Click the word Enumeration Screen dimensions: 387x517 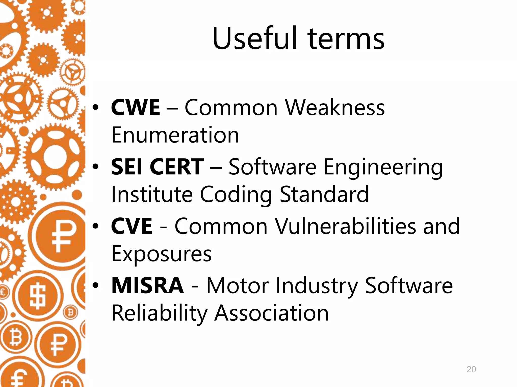click(175, 135)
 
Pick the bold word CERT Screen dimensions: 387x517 click(177, 167)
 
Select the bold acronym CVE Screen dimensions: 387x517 click(132, 226)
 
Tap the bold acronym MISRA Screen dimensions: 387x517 click(148, 285)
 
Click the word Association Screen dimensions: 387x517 click(271, 313)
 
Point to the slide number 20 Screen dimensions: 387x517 click(471, 369)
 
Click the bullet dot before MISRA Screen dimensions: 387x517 click(95, 285)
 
